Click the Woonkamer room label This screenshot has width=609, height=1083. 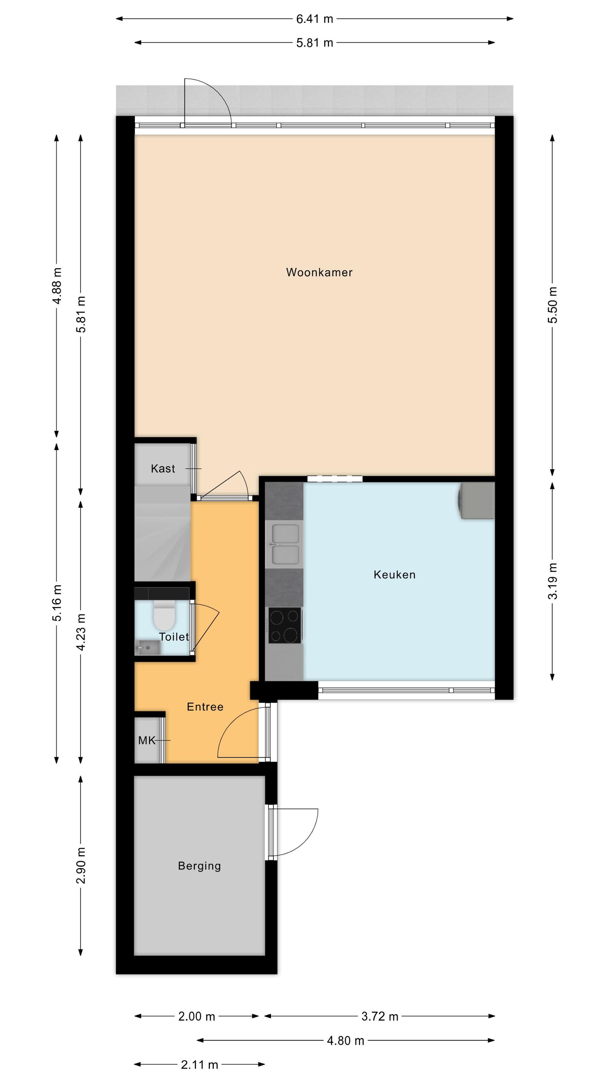(319, 273)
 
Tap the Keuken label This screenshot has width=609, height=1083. (394, 575)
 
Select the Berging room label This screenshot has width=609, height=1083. (199, 866)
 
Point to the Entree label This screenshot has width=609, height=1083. (205, 707)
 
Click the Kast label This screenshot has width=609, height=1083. (163, 468)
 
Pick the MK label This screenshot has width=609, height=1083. (147, 740)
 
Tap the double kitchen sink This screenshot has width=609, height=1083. (285, 544)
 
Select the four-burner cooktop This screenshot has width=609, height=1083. (285, 625)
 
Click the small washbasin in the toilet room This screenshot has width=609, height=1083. (147, 647)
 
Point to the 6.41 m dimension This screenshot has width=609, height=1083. (314, 19)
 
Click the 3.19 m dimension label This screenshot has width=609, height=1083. (553, 581)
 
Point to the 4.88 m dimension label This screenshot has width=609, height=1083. (57, 286)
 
